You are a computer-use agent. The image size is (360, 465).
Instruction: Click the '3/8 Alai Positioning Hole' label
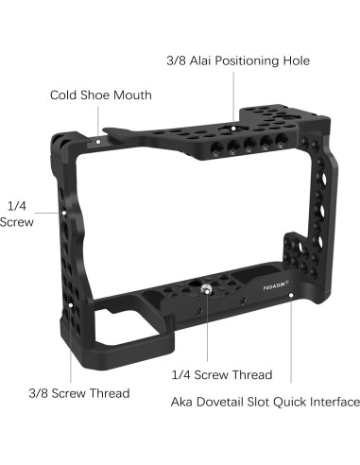[238, 60]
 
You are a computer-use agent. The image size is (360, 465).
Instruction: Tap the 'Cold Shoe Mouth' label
[101, 95]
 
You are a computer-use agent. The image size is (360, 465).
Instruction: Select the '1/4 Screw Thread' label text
[222, 374]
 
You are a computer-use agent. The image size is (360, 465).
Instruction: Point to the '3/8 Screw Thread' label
[79, 393]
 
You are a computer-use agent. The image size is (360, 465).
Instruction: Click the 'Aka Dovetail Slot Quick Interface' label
[266, 402]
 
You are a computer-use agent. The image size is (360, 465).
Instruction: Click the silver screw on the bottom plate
[206, 288]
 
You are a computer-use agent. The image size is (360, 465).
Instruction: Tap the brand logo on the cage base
[274, 286]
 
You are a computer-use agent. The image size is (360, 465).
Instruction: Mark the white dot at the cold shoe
[98, 142]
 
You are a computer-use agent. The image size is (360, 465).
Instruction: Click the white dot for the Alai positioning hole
[233, 129]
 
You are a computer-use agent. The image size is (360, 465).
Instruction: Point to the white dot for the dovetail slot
[291, 295]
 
